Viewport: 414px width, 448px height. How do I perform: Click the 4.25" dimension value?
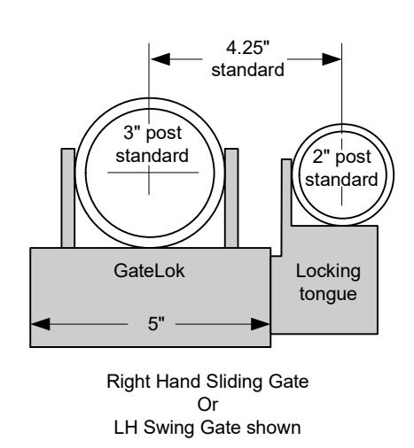pyautogui.click(x=247, y=48)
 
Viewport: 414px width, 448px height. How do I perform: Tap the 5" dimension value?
pyautogui.click(x=156, y=324)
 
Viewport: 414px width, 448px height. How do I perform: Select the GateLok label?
pyautogui.click(x=149, y=271)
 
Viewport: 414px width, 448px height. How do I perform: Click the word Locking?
pyautogui.click(x=328, y=272)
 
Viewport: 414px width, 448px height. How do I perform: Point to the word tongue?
pyautogui.click(x=328, y=294)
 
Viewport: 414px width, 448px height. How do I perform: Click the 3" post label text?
pyautogui.click(x=152, y=133)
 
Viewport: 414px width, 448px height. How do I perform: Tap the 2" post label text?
pyautogui.click(x=341, y=157)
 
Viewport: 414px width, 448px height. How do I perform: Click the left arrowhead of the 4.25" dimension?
pyautogui.click(x=160, y=59)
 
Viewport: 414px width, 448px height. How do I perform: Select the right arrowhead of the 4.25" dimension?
pyautogui.click(x=332, y=59)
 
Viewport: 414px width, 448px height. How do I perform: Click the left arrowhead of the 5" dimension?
pyautogui.click(x=41, y=324)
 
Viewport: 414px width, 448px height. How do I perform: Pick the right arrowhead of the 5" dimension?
pyautogui.click(x=260, y=324)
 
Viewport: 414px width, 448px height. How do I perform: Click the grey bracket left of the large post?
pyautogui.click(x=68, y=197)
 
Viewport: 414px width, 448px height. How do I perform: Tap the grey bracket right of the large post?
pyautogui.click(x=231, y=197)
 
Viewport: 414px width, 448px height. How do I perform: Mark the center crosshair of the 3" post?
pyautogui.click(x=149, y=173)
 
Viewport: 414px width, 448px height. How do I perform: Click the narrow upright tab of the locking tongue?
pyautogui.click(x=286, y=206)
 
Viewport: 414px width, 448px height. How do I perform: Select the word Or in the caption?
pyautogui.click(x=207, y=405)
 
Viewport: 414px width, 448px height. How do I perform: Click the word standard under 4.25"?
pyautogui.click(x=247, y=70)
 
